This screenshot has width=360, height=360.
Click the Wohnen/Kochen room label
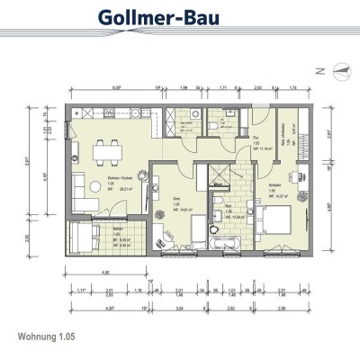click(120, 186)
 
